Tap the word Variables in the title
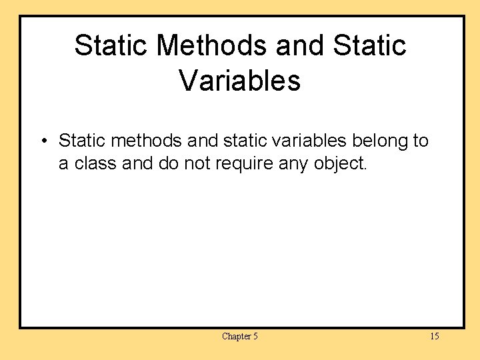(x=240, y=81)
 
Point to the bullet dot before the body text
(x=43, y=141)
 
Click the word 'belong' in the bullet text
(x=381, y=141)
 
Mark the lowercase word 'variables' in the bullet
(x=304, y=141)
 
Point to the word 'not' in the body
(x=197, y=164)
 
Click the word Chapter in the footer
(x=235, y=337)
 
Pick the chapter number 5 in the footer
(x=255, y=337)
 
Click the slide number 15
(x=434, y=337)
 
